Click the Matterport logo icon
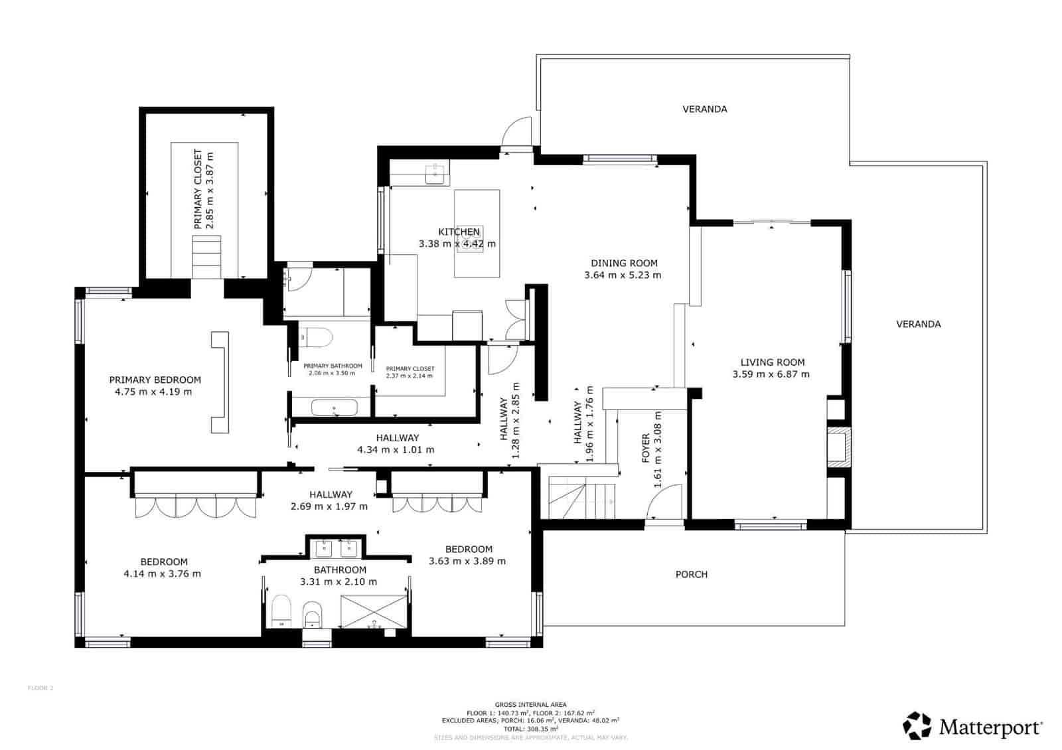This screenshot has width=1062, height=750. click(x=917, y=725)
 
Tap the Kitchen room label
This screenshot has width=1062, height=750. click(x=459, y=232)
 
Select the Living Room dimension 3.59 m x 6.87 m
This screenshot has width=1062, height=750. click(x=771, y=374)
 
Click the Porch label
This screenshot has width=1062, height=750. click(x=692, y=574)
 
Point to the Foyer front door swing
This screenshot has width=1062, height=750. click(x=665, y=502)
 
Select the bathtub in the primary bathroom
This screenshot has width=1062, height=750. click(x=335, y=408)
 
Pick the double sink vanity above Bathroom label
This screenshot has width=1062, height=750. click(x=335, y=548)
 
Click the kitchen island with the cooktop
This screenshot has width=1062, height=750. click(x=477, y=234)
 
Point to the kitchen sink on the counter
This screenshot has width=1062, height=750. click(x=437, y=174)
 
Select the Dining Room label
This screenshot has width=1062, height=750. click(x=624, y=263)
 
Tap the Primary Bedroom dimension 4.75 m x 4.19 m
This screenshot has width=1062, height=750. click(x=153, y=392)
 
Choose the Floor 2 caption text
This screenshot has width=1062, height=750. click(x=40, y=688)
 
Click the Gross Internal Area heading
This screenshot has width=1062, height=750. click(x=530, y=705)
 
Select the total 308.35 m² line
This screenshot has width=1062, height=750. click(x=530, y=729)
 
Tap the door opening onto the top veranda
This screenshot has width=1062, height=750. click(x=516, y=132)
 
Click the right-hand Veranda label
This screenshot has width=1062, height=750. click(x=918, y=324)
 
